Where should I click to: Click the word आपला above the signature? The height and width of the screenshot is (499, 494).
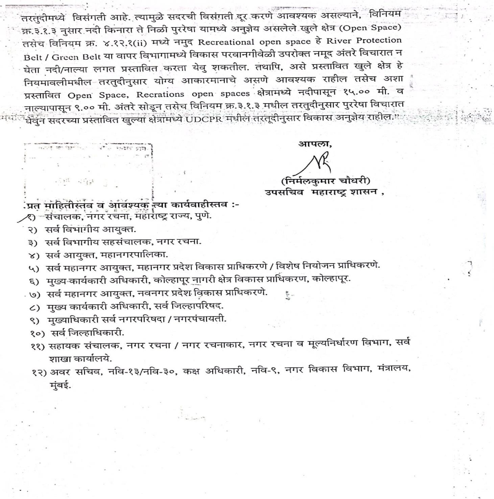pos(314,144)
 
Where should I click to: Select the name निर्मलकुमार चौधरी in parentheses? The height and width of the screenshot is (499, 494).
pos(325,181)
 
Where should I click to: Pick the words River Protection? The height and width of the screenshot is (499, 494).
pos(364,41)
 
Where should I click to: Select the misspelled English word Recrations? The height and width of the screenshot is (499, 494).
pos(160,94)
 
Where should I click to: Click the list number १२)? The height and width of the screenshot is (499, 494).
pos(39,372)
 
